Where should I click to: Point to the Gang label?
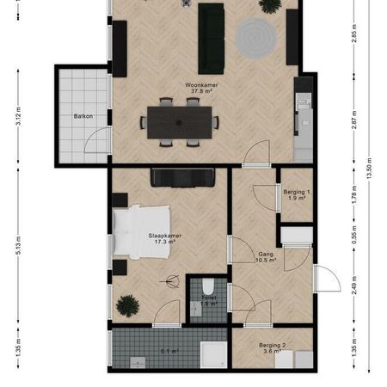tap(267, 255)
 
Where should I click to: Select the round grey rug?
tap(255, 38)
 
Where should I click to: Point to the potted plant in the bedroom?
tap(128, 304)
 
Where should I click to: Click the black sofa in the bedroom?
tap(182, 177)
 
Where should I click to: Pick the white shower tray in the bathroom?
tap(212, 353)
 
